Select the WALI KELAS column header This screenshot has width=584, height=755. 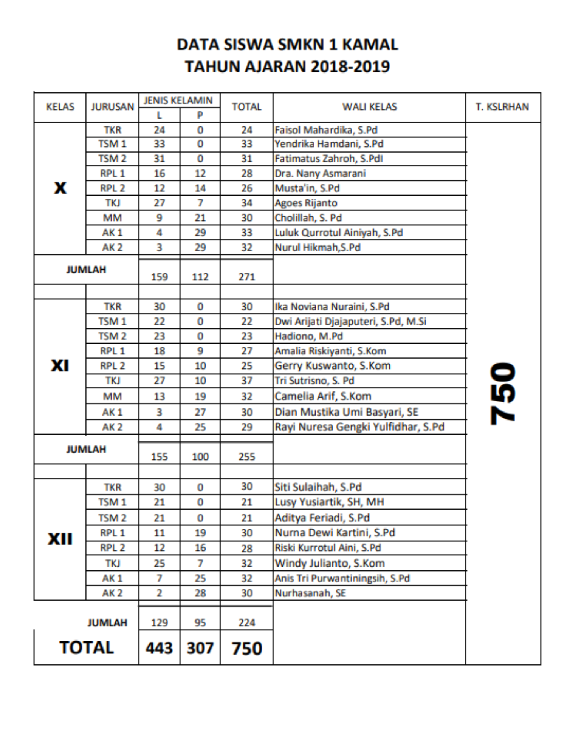(369, 107)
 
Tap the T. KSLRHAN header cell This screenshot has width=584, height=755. (502, 107)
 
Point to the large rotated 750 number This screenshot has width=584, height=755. (502, 393)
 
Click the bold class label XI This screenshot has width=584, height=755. (60, 366)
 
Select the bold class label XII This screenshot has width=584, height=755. (60, 539)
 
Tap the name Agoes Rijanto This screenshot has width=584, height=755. (306, 203)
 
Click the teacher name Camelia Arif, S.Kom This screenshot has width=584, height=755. (323, 396)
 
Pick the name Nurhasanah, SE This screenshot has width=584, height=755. (310, 593)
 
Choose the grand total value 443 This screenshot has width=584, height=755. (159, 648)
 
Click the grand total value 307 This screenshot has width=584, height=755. (200, 648)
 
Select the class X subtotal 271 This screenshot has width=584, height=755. (246, 277)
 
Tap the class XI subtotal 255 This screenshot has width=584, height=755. (246, 457)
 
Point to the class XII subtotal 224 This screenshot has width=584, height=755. (246, 622)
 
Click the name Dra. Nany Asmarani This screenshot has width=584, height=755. (320, 174)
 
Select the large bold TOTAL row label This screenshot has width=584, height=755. (87, 648)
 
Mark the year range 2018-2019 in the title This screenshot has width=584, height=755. (350, 67)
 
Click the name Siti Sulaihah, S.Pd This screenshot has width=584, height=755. (318, 487)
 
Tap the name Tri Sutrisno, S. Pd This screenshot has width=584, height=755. (314, 381)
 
